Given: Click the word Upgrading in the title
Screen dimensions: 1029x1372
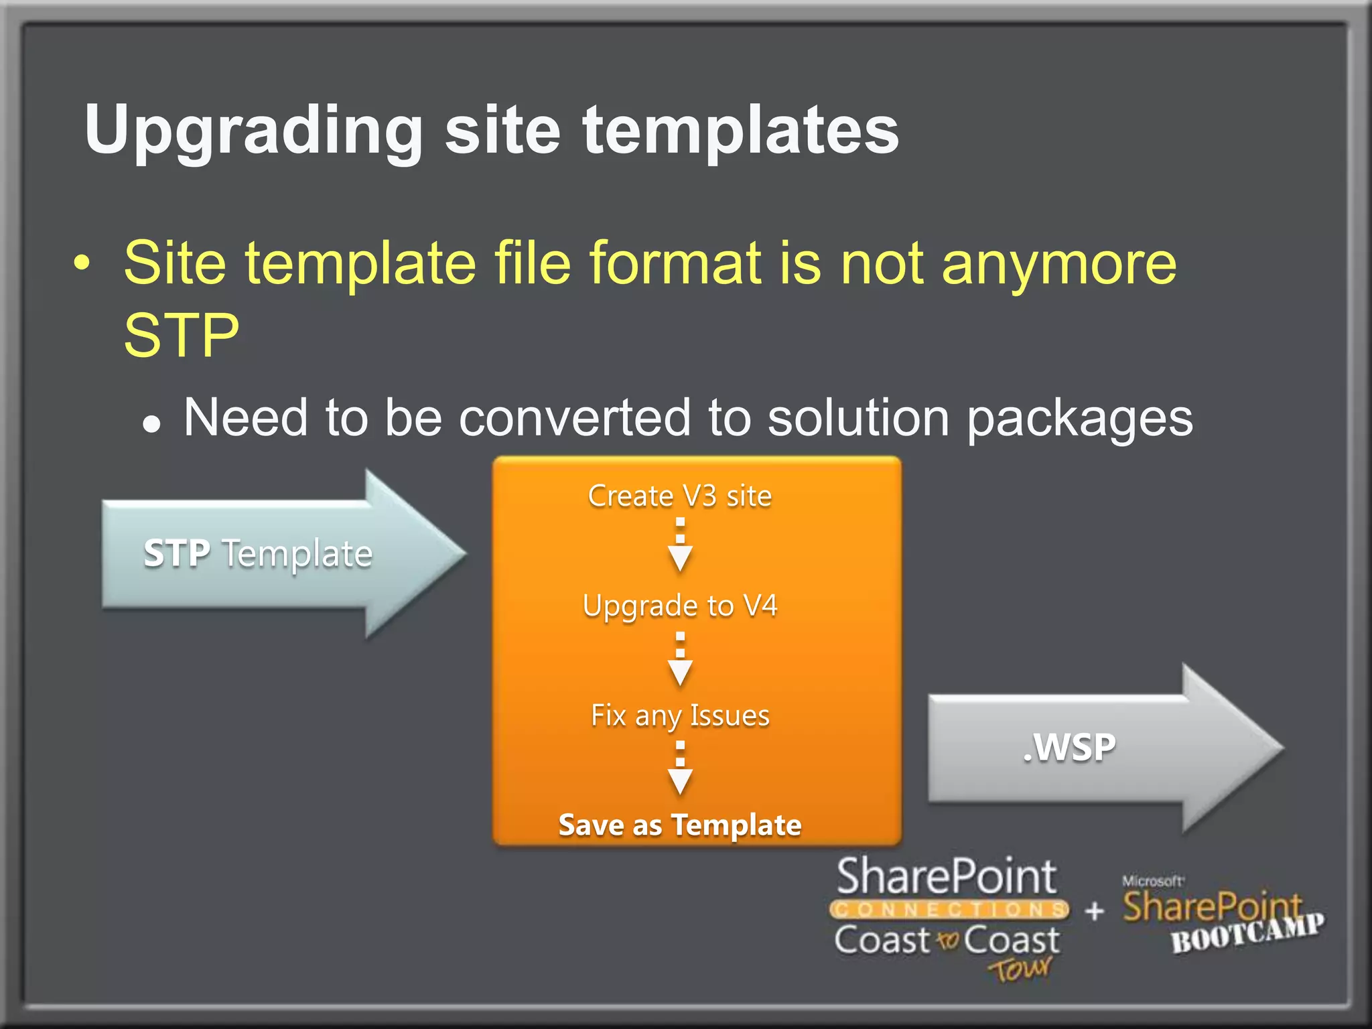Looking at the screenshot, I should [x=253, y=131].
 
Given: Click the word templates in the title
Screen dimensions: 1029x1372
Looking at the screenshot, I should [x=740, y=131].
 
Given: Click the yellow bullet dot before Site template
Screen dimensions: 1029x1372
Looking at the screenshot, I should [x=81, y=263].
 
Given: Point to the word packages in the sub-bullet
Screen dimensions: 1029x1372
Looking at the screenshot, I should [x=1080, y=419].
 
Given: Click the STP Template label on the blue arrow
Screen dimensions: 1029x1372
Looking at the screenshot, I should [x=258, y=554].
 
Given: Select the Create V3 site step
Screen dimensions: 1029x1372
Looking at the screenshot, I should [x=679, y=496].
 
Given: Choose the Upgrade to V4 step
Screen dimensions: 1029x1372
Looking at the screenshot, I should [x=679, y=606].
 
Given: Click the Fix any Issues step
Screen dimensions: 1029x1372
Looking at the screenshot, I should [x=679, y=715].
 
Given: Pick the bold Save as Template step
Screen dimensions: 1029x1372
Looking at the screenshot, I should [x=679, y=825].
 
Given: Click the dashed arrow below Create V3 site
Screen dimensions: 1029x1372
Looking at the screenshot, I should [x=680, y=544].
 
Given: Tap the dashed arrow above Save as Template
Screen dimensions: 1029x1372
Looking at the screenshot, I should [x=680, y=768].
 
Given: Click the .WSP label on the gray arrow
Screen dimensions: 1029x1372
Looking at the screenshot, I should [x=1069, y=748].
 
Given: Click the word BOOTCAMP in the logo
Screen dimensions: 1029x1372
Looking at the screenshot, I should [x=1247, y=933].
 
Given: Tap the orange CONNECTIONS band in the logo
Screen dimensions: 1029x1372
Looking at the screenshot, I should [x=949, y=910].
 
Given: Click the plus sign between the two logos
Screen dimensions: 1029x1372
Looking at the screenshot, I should [x=1095, y=910].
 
